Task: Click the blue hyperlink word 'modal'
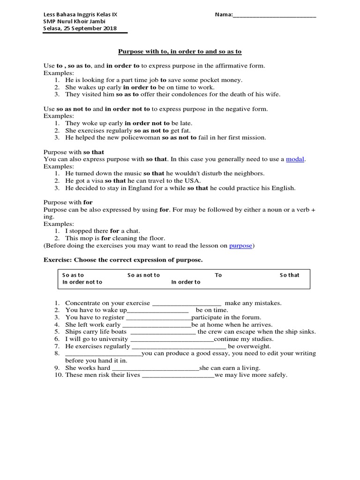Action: [295, 159]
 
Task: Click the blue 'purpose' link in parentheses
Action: [240, 245]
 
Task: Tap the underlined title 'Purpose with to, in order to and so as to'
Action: [180, 51]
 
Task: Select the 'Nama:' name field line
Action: [274, 15]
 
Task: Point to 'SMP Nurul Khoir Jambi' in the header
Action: [74, 22]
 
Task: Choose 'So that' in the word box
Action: [289, 275]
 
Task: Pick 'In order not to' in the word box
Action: [82, 282]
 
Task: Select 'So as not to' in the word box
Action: [143, 275]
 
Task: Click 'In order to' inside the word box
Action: [186, 282]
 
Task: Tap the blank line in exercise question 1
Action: [187, 303]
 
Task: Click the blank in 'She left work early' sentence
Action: [157, 324]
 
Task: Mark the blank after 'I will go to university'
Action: [172, 339]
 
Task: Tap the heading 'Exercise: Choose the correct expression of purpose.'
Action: [123, 260]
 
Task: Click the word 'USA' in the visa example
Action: [193, 181]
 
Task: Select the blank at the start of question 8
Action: [103, 353]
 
